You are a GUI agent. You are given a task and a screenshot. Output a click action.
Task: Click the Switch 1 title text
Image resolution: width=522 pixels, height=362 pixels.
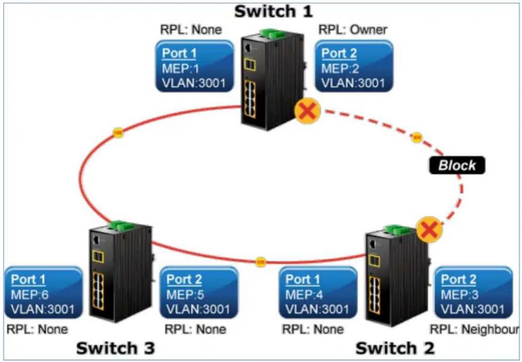[274, 12]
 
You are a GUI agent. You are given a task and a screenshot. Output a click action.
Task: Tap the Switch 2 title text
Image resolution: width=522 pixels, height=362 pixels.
[395, 348]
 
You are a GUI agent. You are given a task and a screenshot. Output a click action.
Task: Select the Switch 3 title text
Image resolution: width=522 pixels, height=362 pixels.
[115, 348]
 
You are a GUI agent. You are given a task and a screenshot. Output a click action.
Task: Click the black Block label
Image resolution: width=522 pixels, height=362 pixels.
[457, 165]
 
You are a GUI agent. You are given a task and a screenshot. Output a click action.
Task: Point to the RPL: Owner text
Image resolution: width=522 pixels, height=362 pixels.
[353, 30]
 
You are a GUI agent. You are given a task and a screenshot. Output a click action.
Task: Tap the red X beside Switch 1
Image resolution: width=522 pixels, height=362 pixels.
[307, 110]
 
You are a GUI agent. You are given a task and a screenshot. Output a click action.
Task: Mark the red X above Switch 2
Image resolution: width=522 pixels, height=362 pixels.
[430, 229]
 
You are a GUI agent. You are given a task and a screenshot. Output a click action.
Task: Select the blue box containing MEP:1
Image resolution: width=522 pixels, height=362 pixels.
[195, 66]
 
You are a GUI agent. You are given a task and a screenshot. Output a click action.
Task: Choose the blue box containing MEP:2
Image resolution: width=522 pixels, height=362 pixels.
[354, 66]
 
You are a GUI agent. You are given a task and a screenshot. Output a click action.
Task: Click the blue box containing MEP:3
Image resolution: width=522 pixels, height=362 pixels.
[474, 293]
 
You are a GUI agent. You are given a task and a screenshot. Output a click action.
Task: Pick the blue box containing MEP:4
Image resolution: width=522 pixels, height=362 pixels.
[318, 293]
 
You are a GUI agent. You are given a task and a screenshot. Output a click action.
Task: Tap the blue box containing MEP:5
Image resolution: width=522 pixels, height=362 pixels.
[199, 293]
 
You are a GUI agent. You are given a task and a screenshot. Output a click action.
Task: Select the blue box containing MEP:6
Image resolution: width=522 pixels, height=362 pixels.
[43, 293]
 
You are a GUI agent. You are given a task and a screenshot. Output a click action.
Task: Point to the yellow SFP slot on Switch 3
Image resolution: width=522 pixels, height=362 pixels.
[98, 256]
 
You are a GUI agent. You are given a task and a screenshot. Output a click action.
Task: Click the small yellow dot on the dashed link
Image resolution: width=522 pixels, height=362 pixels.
[416, 137]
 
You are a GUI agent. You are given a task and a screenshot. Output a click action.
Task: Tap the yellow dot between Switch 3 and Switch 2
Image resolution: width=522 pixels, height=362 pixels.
[261, 262]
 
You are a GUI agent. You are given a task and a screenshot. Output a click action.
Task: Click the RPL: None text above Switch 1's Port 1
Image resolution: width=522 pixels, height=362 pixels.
[191, 30]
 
